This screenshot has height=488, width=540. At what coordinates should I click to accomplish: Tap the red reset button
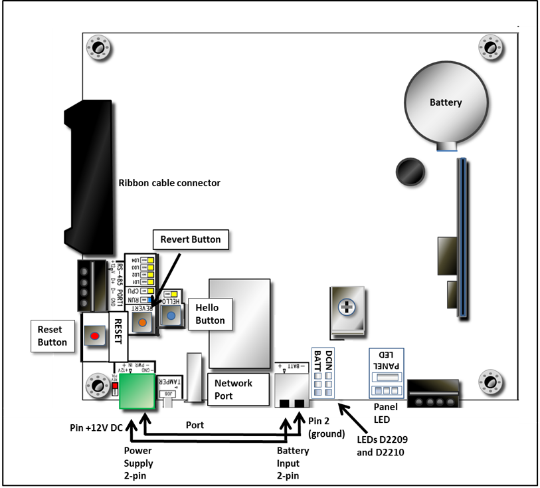94,336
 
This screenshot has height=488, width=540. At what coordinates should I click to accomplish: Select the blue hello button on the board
171,317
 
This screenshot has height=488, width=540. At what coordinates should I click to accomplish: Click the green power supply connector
137,393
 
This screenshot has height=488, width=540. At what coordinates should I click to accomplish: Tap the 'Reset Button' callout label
52,336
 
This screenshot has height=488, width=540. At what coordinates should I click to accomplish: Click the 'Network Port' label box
233,390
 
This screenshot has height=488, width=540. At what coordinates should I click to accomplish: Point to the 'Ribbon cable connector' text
169,183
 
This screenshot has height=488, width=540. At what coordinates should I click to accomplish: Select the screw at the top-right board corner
491,47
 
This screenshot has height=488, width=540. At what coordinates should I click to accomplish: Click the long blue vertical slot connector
460,235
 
